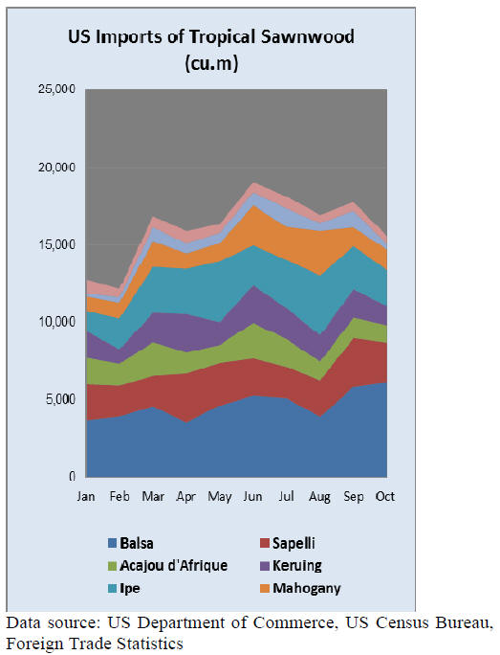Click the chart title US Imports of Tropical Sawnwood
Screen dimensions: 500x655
(211, 37)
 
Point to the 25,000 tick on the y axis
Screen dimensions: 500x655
(56, 89)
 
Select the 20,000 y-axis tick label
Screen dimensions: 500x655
(56, 168)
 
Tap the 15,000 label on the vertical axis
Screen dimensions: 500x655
(56, 244)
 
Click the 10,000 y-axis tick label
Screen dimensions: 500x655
(56, 322)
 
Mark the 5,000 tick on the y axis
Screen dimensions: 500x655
(60, 399)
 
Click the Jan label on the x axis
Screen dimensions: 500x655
(86, 496)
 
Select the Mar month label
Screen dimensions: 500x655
(153, 496)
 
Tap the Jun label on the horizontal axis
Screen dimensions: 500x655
(252, 496)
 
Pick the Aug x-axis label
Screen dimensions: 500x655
(319, 497)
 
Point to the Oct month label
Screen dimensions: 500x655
(385, 496)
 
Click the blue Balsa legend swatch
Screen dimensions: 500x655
(112, 543)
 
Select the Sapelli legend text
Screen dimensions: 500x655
(293, 543)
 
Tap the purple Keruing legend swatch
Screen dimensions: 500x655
(265, 566)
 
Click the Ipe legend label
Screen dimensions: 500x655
(130, 589)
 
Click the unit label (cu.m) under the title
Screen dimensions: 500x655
(211, 63)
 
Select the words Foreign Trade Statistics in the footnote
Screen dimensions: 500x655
(95, 643)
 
